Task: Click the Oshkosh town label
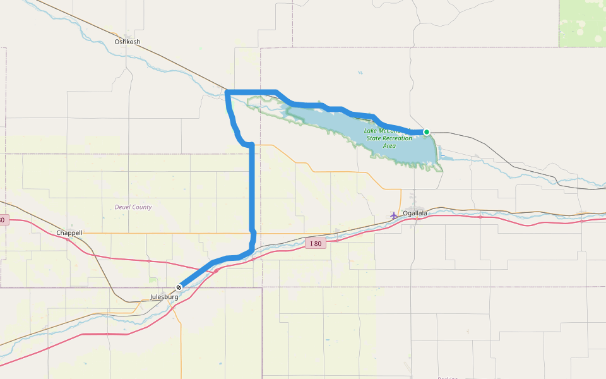(x=128, y=42)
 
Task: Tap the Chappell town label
(x=69, y=233)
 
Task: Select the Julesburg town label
(x=164, y=297)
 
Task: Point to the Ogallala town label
(x=415, y=214)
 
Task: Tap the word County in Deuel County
(x=142, y=207)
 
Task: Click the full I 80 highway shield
(x=316, y=244)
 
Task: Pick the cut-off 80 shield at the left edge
(x=3, y=220)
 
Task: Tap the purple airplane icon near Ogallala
(x=394, y=215)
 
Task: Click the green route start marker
(x=427, y=132)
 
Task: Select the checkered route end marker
(x=179, y=287)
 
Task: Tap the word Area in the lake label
(x=389, y=146)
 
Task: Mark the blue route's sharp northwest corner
(x=227, y=93)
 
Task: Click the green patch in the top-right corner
(x=582, y=23)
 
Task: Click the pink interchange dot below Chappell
(x=68, y=240)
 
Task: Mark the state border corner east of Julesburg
(x=261, y=288)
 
